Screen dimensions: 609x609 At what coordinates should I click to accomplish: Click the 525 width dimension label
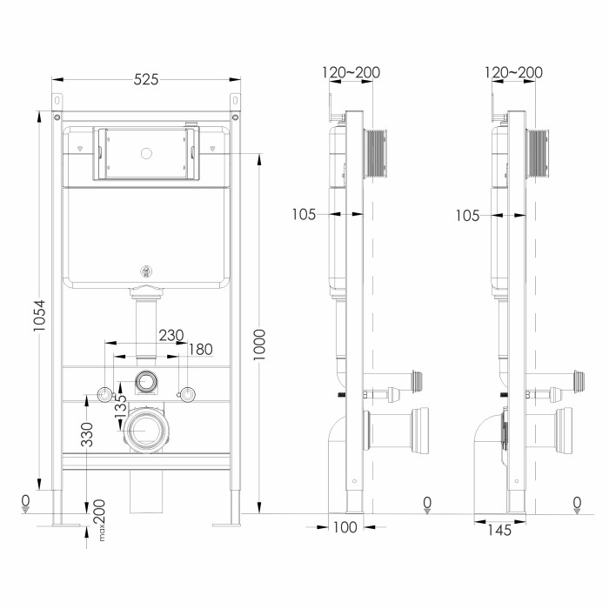point(146,80)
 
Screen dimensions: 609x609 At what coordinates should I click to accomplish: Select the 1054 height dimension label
point(39,315)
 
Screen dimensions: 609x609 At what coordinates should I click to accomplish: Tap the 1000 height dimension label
point(259,345)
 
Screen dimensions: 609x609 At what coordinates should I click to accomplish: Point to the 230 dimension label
point(171,335)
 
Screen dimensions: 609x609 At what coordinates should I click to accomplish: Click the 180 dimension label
point(200,350)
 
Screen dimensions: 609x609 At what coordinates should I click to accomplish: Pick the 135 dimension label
point(121,406)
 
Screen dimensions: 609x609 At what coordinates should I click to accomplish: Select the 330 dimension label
point(87,434)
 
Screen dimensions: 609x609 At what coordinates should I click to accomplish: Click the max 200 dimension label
point(100,520)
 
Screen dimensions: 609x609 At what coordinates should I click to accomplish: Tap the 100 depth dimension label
point(345,527)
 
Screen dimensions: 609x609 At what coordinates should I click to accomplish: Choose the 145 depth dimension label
point(499,530)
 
